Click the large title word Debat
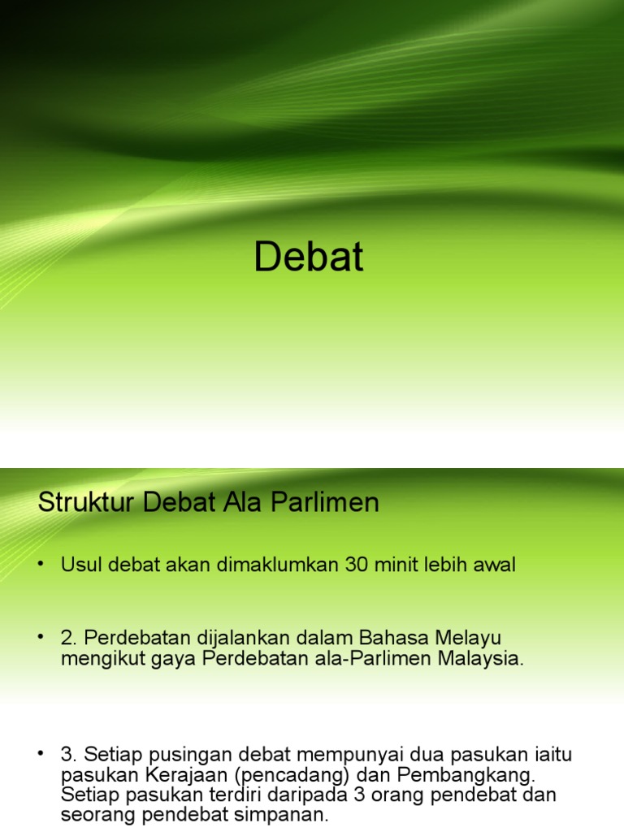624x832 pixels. (x=309, y=256)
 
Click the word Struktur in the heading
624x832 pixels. (x=86, y=501)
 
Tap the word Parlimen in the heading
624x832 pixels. (x=325, y=501)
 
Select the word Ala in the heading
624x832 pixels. (x=242, y=501)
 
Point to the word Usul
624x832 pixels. (x=81, y=564)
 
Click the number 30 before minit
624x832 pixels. (x=357, y=564)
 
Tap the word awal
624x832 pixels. (x=494, y=564)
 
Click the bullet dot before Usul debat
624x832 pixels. (x=41, y=564)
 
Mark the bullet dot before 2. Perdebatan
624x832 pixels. (x=41, y=637)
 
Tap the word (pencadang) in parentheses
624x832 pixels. (x=292, y=775)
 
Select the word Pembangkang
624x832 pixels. (x=466, y=775)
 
